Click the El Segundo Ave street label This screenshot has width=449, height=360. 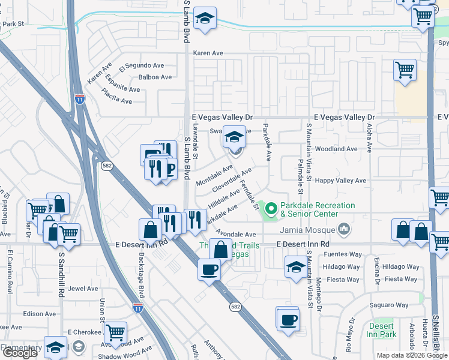tap(141, 65)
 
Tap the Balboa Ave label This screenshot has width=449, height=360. tap(155, 77)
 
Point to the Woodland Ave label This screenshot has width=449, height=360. tap(336, 149)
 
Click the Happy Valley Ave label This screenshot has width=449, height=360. tap(341, 180)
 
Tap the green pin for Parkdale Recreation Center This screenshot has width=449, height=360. tap(271, 209)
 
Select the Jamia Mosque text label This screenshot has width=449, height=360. tap(312, 228)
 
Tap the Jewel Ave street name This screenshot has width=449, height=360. tap(83, 289)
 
